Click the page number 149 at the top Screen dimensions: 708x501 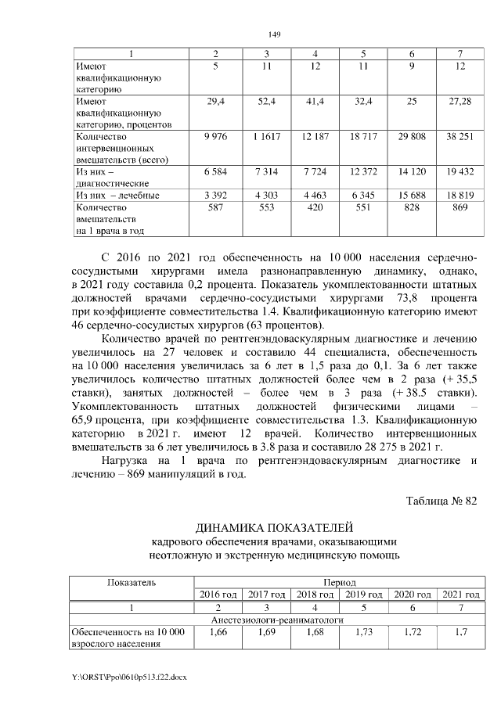click(274, 34)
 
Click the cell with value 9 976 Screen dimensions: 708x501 click(215, 138)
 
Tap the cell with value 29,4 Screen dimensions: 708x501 click(215, 102)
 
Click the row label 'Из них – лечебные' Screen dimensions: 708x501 click(117, 195)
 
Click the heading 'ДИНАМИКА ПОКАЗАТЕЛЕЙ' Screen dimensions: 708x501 click(274, 527)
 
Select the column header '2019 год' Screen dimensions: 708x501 click(363, 595)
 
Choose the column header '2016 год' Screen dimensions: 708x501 click(218, 595)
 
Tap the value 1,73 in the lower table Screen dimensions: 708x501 click(363, 632)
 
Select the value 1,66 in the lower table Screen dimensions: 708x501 click(218, 632)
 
